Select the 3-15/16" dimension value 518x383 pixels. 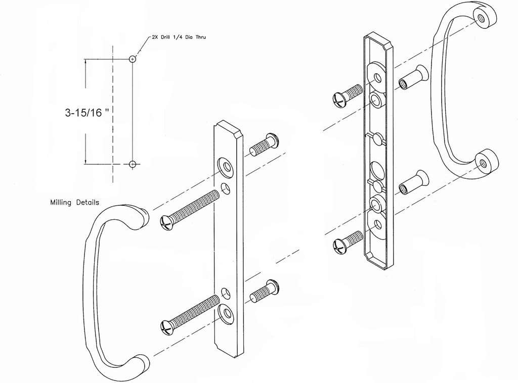click(88, 113)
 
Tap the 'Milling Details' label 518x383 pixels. click(74, 203)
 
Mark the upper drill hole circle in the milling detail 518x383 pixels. click(133, 59)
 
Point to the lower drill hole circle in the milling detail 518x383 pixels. click(133, 164)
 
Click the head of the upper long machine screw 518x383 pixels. click(167, 222)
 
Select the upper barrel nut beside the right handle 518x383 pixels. click(413, 77)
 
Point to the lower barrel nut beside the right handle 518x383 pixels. click(413, 183)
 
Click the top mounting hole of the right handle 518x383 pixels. click(481, 18)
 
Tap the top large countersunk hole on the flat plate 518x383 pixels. click(226, 166)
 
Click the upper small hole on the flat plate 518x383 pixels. click(226, 188)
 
